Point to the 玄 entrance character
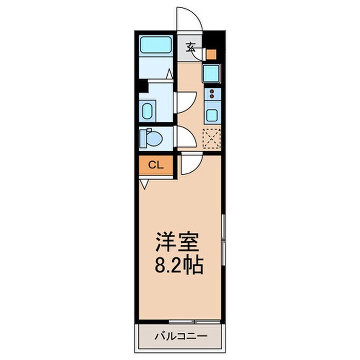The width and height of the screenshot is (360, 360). [x=190, y=48]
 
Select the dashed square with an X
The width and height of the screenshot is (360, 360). [x=211, y=137]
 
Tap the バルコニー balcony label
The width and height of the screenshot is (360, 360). [x=179, y=336]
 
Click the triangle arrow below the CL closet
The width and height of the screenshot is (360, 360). [x=144, y=183]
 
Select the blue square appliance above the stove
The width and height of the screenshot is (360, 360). [x=211, y=73]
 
